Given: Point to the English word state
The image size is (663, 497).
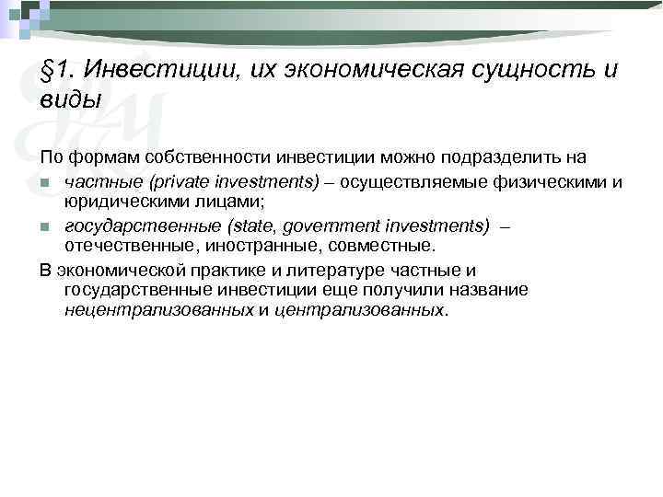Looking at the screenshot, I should (x=248, y=225).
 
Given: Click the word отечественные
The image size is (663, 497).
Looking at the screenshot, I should (x=125, y=245).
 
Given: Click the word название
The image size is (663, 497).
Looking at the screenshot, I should (x=483, y=290).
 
